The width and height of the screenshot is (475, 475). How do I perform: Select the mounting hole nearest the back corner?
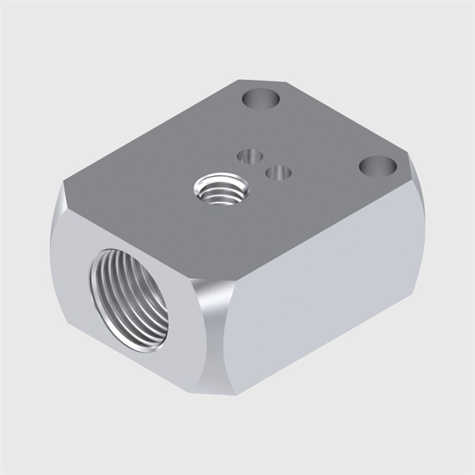pyautogui.click(x=261, y=100)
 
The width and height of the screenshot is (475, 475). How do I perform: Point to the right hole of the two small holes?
pyautogui.click(x=278, y=172)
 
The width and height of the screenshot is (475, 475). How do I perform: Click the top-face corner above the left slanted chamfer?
pyautogui.click(x=67, y=186)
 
